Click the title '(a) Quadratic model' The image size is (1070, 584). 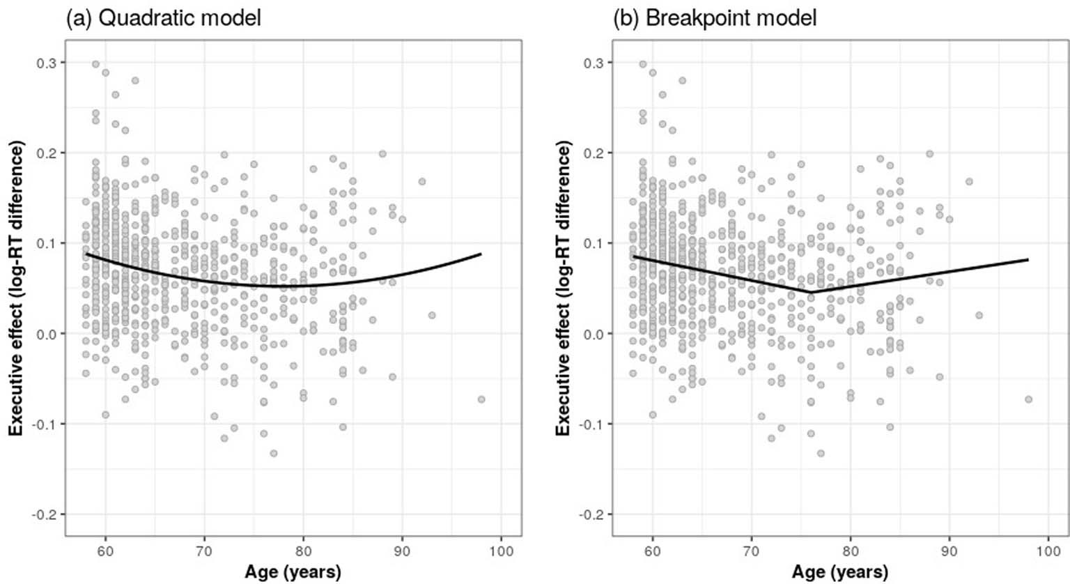click(163, 17)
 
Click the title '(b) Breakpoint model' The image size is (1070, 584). click(714, 17)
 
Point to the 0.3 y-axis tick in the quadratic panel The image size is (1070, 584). click(47, 63)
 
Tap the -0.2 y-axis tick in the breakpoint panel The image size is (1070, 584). click(592, 514)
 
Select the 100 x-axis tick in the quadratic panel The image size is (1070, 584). click(501, 551)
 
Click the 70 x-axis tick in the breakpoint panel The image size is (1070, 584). click(751, 551)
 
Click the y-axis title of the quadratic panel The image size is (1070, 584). click(16, 289)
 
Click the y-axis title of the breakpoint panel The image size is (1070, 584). click(563, 289)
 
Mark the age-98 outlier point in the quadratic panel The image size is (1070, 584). click(481, 399)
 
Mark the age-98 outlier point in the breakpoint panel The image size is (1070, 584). click(1028, 399)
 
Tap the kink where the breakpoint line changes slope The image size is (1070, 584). click(811, 292)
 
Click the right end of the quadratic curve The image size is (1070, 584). click(481, 254)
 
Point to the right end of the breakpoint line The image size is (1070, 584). click(1028, 260)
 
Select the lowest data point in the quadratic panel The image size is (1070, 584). click(274, 453)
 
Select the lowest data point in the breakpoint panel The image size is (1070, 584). click(821, 453)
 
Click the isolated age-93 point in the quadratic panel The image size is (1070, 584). click(432, 315)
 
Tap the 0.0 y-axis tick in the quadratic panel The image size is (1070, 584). click(47, 334)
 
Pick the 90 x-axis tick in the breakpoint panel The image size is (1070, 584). click(949, 551)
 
